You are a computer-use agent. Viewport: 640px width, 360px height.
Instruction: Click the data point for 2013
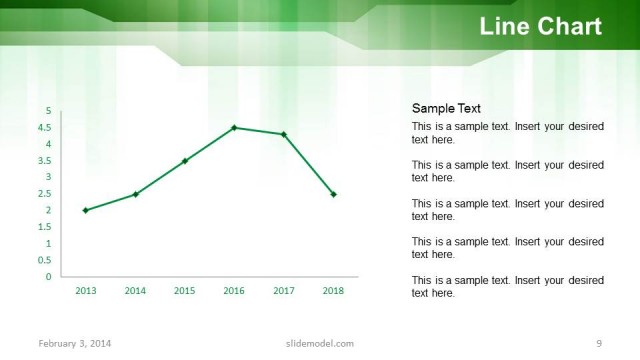point(86,210)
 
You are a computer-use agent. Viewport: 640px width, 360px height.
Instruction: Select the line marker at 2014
point(135,194)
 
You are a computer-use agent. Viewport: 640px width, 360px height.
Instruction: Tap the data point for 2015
point(185,161)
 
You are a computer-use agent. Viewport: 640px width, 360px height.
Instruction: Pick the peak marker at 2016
point(234,127)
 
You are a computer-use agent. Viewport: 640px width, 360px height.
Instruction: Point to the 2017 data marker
point(284,134)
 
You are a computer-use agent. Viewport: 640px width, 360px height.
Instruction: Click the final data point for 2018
point(333,194)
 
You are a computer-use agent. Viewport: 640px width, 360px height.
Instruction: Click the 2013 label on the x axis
point(86,291)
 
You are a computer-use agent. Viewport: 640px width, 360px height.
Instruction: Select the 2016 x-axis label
point(234,291)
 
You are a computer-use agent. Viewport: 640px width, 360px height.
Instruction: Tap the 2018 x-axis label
point(333,291)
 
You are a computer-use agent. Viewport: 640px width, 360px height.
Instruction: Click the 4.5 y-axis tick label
point(46,128)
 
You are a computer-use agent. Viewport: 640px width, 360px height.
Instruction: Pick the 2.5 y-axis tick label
point(46,194)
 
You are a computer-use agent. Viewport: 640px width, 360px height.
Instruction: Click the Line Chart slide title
point(540,27)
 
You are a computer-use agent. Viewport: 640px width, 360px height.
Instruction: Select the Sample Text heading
point(446,109)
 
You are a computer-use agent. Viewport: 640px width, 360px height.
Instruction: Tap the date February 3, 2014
point(75,344)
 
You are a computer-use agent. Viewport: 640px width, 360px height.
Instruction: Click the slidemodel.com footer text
point(313,344)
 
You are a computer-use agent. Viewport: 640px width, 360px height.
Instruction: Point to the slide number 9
point(598,344)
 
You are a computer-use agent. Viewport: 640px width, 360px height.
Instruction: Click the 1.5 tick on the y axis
point(46,227)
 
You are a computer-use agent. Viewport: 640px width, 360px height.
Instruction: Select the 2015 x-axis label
point(185,291)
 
